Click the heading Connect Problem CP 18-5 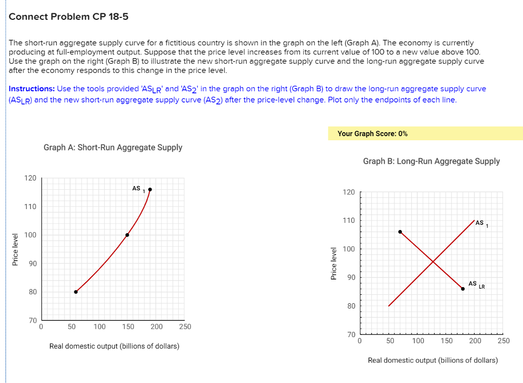[68, 17]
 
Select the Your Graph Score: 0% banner [372, 134]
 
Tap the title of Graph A [113, 147]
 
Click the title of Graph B [431, 161]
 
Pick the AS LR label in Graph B [475, 284]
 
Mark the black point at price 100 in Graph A [127, 235]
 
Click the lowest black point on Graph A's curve [76, 292]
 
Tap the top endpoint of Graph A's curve [150, 190]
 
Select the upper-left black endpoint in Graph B [400, 232]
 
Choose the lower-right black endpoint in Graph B [463, 289]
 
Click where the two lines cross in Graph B [433, 262]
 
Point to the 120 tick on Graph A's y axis [30, 178]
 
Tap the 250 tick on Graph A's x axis [185, 326]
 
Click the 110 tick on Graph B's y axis [349, 220]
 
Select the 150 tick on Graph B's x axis [446, 340]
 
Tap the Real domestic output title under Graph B [433, 360]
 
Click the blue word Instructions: [32, 89]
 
